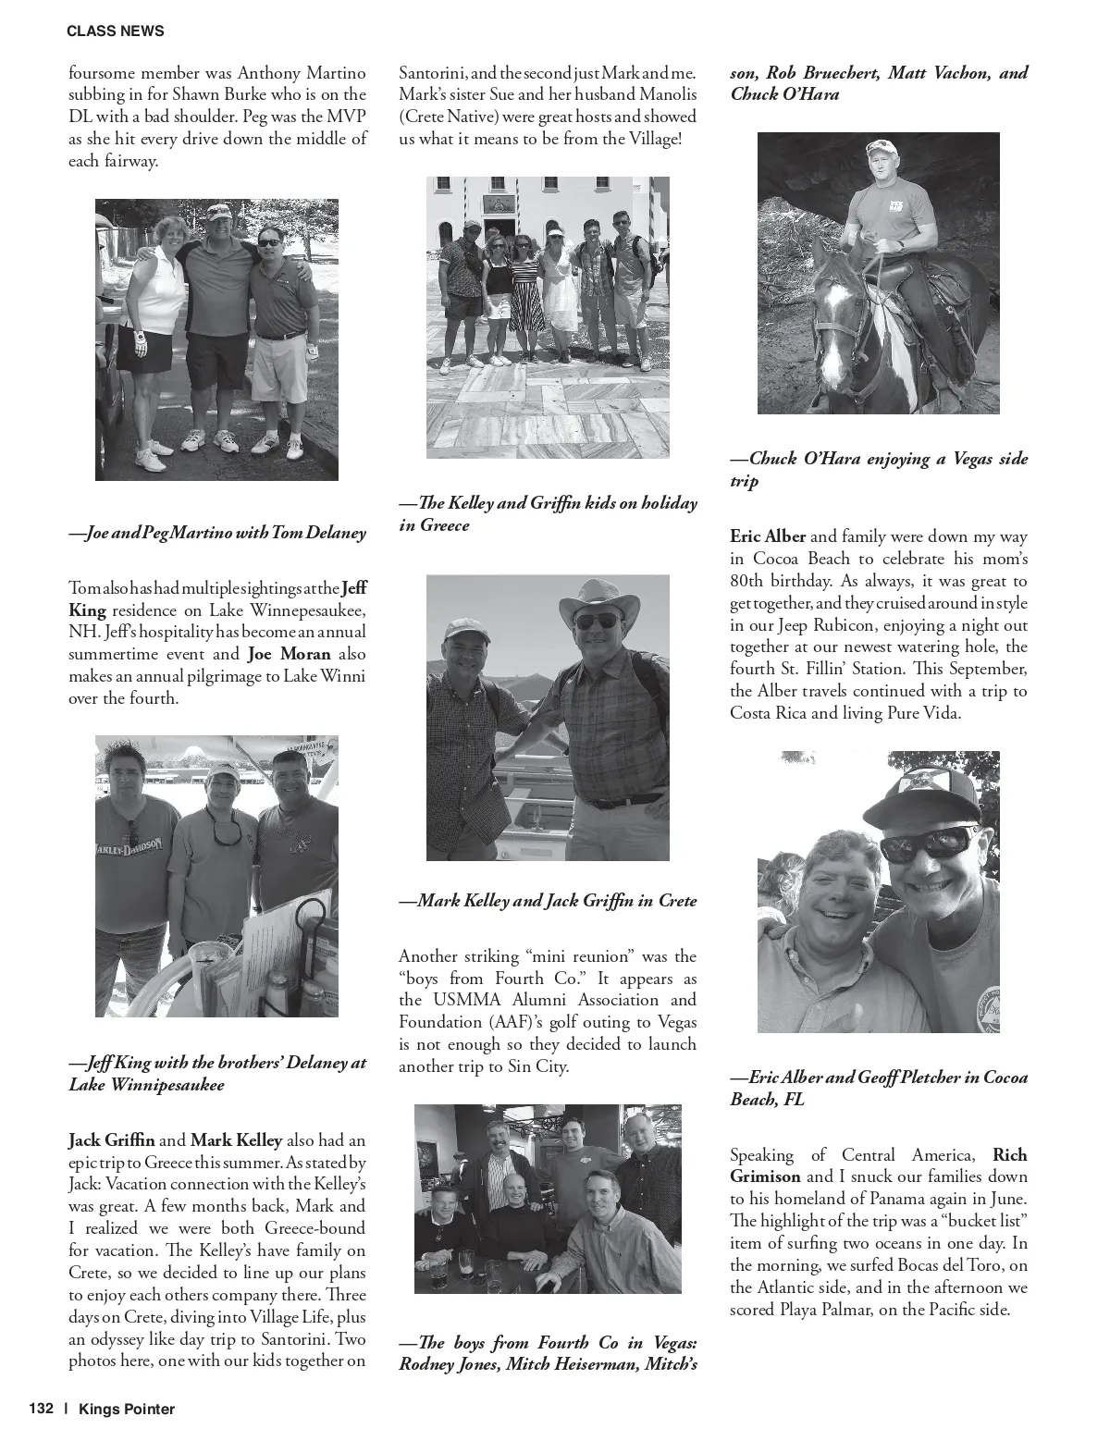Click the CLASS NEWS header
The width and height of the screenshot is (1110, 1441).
[x=116, y=31]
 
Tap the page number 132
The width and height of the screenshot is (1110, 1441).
[x=42, y=1409]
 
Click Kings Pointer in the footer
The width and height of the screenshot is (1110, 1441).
[x=127, y=1409]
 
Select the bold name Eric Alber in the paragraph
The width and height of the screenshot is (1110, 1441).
[x=768, y=536]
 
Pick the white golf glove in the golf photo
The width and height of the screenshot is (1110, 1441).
[x=140, y=341]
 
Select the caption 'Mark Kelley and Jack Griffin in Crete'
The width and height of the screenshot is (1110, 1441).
[x=548, y=900]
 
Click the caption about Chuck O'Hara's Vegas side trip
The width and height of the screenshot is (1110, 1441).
[x=879, y=469]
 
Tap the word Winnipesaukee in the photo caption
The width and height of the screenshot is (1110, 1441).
[x=146, y=1084]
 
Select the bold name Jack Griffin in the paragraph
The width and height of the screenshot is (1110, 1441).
[x=112, y=1139]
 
